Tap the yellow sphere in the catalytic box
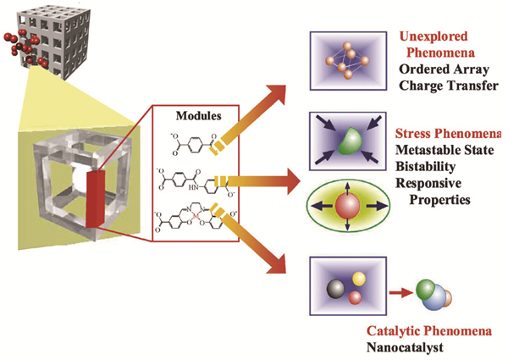[358, 279]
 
